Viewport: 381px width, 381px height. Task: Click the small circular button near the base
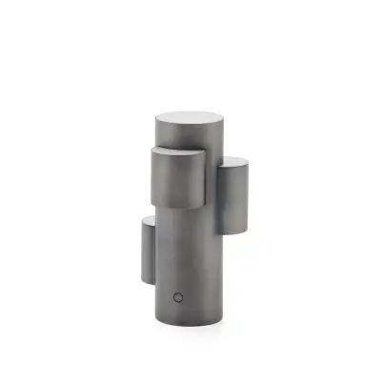click(x=177, y=295)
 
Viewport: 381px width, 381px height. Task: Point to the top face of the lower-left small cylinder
click(x=150, y=221)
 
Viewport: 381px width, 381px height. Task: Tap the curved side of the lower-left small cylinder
click(x=148, y=252)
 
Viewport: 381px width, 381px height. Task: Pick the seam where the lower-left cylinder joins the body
click(x=156, y=252)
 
